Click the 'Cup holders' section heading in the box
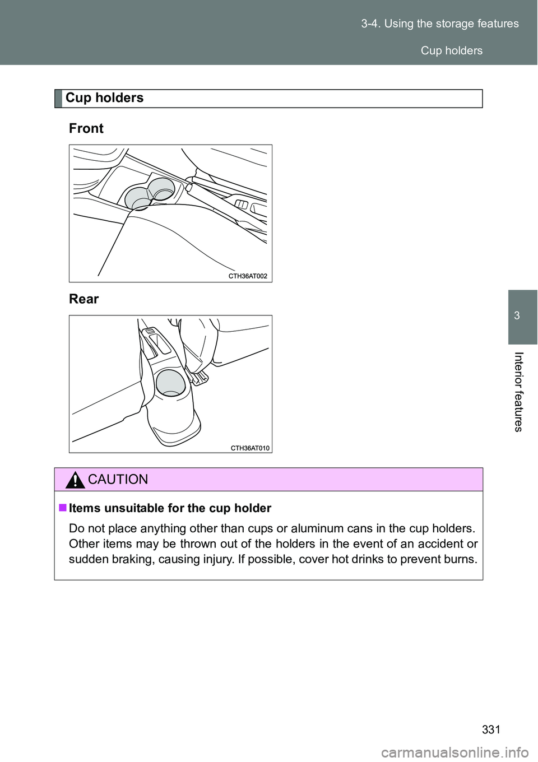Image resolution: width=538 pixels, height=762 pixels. [x=104, y=98]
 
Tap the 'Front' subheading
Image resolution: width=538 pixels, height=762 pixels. [x=86, y=128]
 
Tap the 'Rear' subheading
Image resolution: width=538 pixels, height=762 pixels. [x=84, y=299]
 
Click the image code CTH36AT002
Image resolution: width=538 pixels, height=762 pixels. [x=248, y=276]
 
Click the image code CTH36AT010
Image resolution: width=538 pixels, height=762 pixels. [x=250, y=448]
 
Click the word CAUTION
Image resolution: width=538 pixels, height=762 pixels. [x=118, y=480]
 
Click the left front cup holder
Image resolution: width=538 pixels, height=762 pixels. [x=137, y=198]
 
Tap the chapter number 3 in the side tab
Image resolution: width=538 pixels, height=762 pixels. [x=517, y=315]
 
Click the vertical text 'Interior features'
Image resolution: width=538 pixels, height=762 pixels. [x=518, y=392]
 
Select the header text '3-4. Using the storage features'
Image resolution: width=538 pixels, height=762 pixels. [x=440, y=24]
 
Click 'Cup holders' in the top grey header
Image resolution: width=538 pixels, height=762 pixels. [x=451, y=50]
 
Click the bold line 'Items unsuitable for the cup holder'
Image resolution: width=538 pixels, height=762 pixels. [x=170, y=508]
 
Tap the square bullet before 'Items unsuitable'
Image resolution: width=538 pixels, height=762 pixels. [x=62, y=508]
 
